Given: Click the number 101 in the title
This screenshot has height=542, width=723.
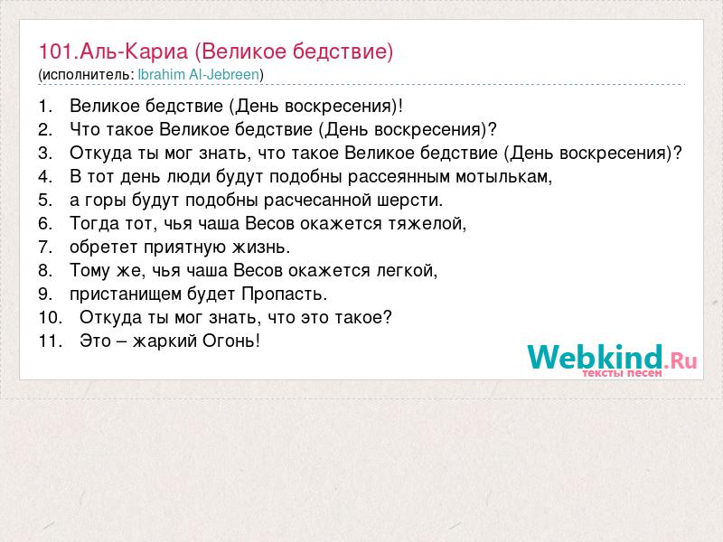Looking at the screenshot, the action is tap(56, 51).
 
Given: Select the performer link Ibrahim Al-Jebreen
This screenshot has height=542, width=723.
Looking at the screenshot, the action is tap(199, 75).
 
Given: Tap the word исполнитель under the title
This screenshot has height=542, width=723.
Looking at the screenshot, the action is tap(85, 75).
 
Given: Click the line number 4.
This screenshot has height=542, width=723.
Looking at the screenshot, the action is tap(44, 176).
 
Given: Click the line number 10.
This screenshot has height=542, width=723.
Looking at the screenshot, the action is tap(50, 317).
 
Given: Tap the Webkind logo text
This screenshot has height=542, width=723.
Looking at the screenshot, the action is tap(595, 357).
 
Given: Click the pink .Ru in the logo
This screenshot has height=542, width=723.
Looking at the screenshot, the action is tap(681, 360).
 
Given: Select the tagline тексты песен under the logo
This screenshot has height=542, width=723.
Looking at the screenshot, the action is tap(622, 373).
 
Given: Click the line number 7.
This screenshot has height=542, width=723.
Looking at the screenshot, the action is tap(44, 247).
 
